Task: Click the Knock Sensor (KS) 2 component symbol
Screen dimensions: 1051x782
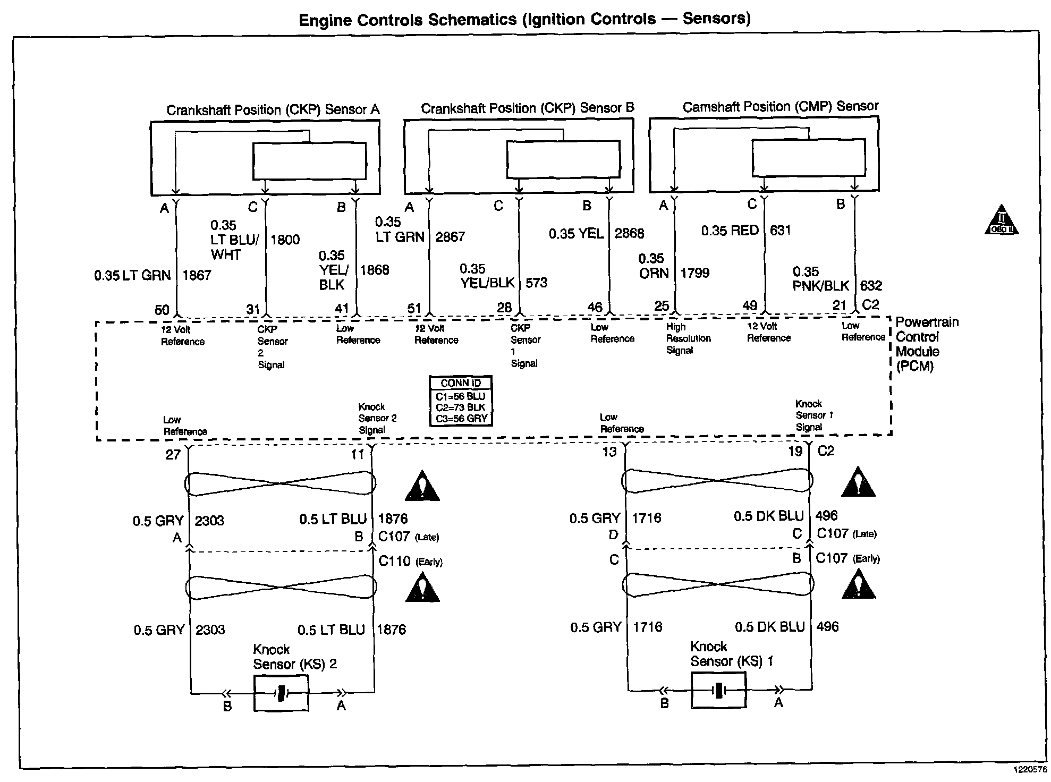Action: [281, 693]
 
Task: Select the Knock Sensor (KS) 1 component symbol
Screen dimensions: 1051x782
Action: [718, 690]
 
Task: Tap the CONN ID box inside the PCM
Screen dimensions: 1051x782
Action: [461, 401]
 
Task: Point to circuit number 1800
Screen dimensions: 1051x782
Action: [285, 240]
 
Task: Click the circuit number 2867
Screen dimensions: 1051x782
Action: [450, 236]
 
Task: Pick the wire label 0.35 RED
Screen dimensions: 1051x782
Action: [730, 231]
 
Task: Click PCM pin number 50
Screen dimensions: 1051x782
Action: [162, 310]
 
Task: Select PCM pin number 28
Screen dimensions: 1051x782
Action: [504, 307]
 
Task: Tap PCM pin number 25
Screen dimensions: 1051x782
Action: [662, 305]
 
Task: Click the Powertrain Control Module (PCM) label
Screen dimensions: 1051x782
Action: [927, 344]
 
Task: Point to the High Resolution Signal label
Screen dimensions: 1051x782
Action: [688, 338]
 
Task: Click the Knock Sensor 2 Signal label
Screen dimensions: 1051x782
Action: [377, 418]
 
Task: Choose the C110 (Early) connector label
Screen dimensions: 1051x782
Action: [410, 561]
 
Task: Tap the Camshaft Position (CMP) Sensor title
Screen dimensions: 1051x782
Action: [781, 107]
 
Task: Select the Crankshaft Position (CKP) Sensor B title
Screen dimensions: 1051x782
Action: [528, 108]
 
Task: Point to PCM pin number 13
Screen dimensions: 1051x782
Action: [609, 452]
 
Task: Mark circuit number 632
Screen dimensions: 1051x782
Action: [871, 286]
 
